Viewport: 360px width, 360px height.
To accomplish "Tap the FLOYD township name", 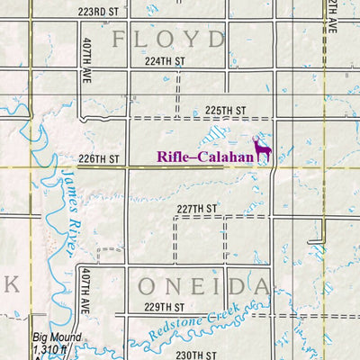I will click(167, 39).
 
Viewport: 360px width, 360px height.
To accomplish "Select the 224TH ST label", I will click(163, 63).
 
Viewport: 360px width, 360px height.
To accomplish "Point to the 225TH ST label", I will click(225, 111).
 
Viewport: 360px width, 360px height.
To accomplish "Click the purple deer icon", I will click(262, 150).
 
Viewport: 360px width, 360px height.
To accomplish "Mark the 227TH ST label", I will click(197, 209).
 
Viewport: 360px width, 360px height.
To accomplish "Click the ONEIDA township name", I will click(204, 286).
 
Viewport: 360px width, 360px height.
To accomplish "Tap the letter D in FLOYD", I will click(216, 39).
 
